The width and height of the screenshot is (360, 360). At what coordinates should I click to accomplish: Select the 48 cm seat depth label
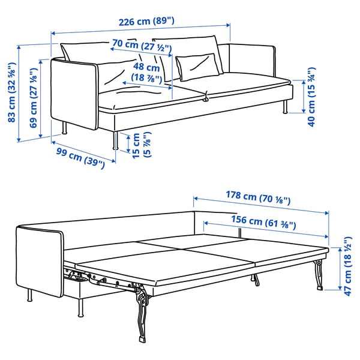point(146,73)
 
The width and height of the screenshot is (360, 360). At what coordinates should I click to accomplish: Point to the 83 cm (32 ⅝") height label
point(11,92)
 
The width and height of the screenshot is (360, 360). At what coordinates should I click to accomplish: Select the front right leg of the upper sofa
point(114,141)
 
